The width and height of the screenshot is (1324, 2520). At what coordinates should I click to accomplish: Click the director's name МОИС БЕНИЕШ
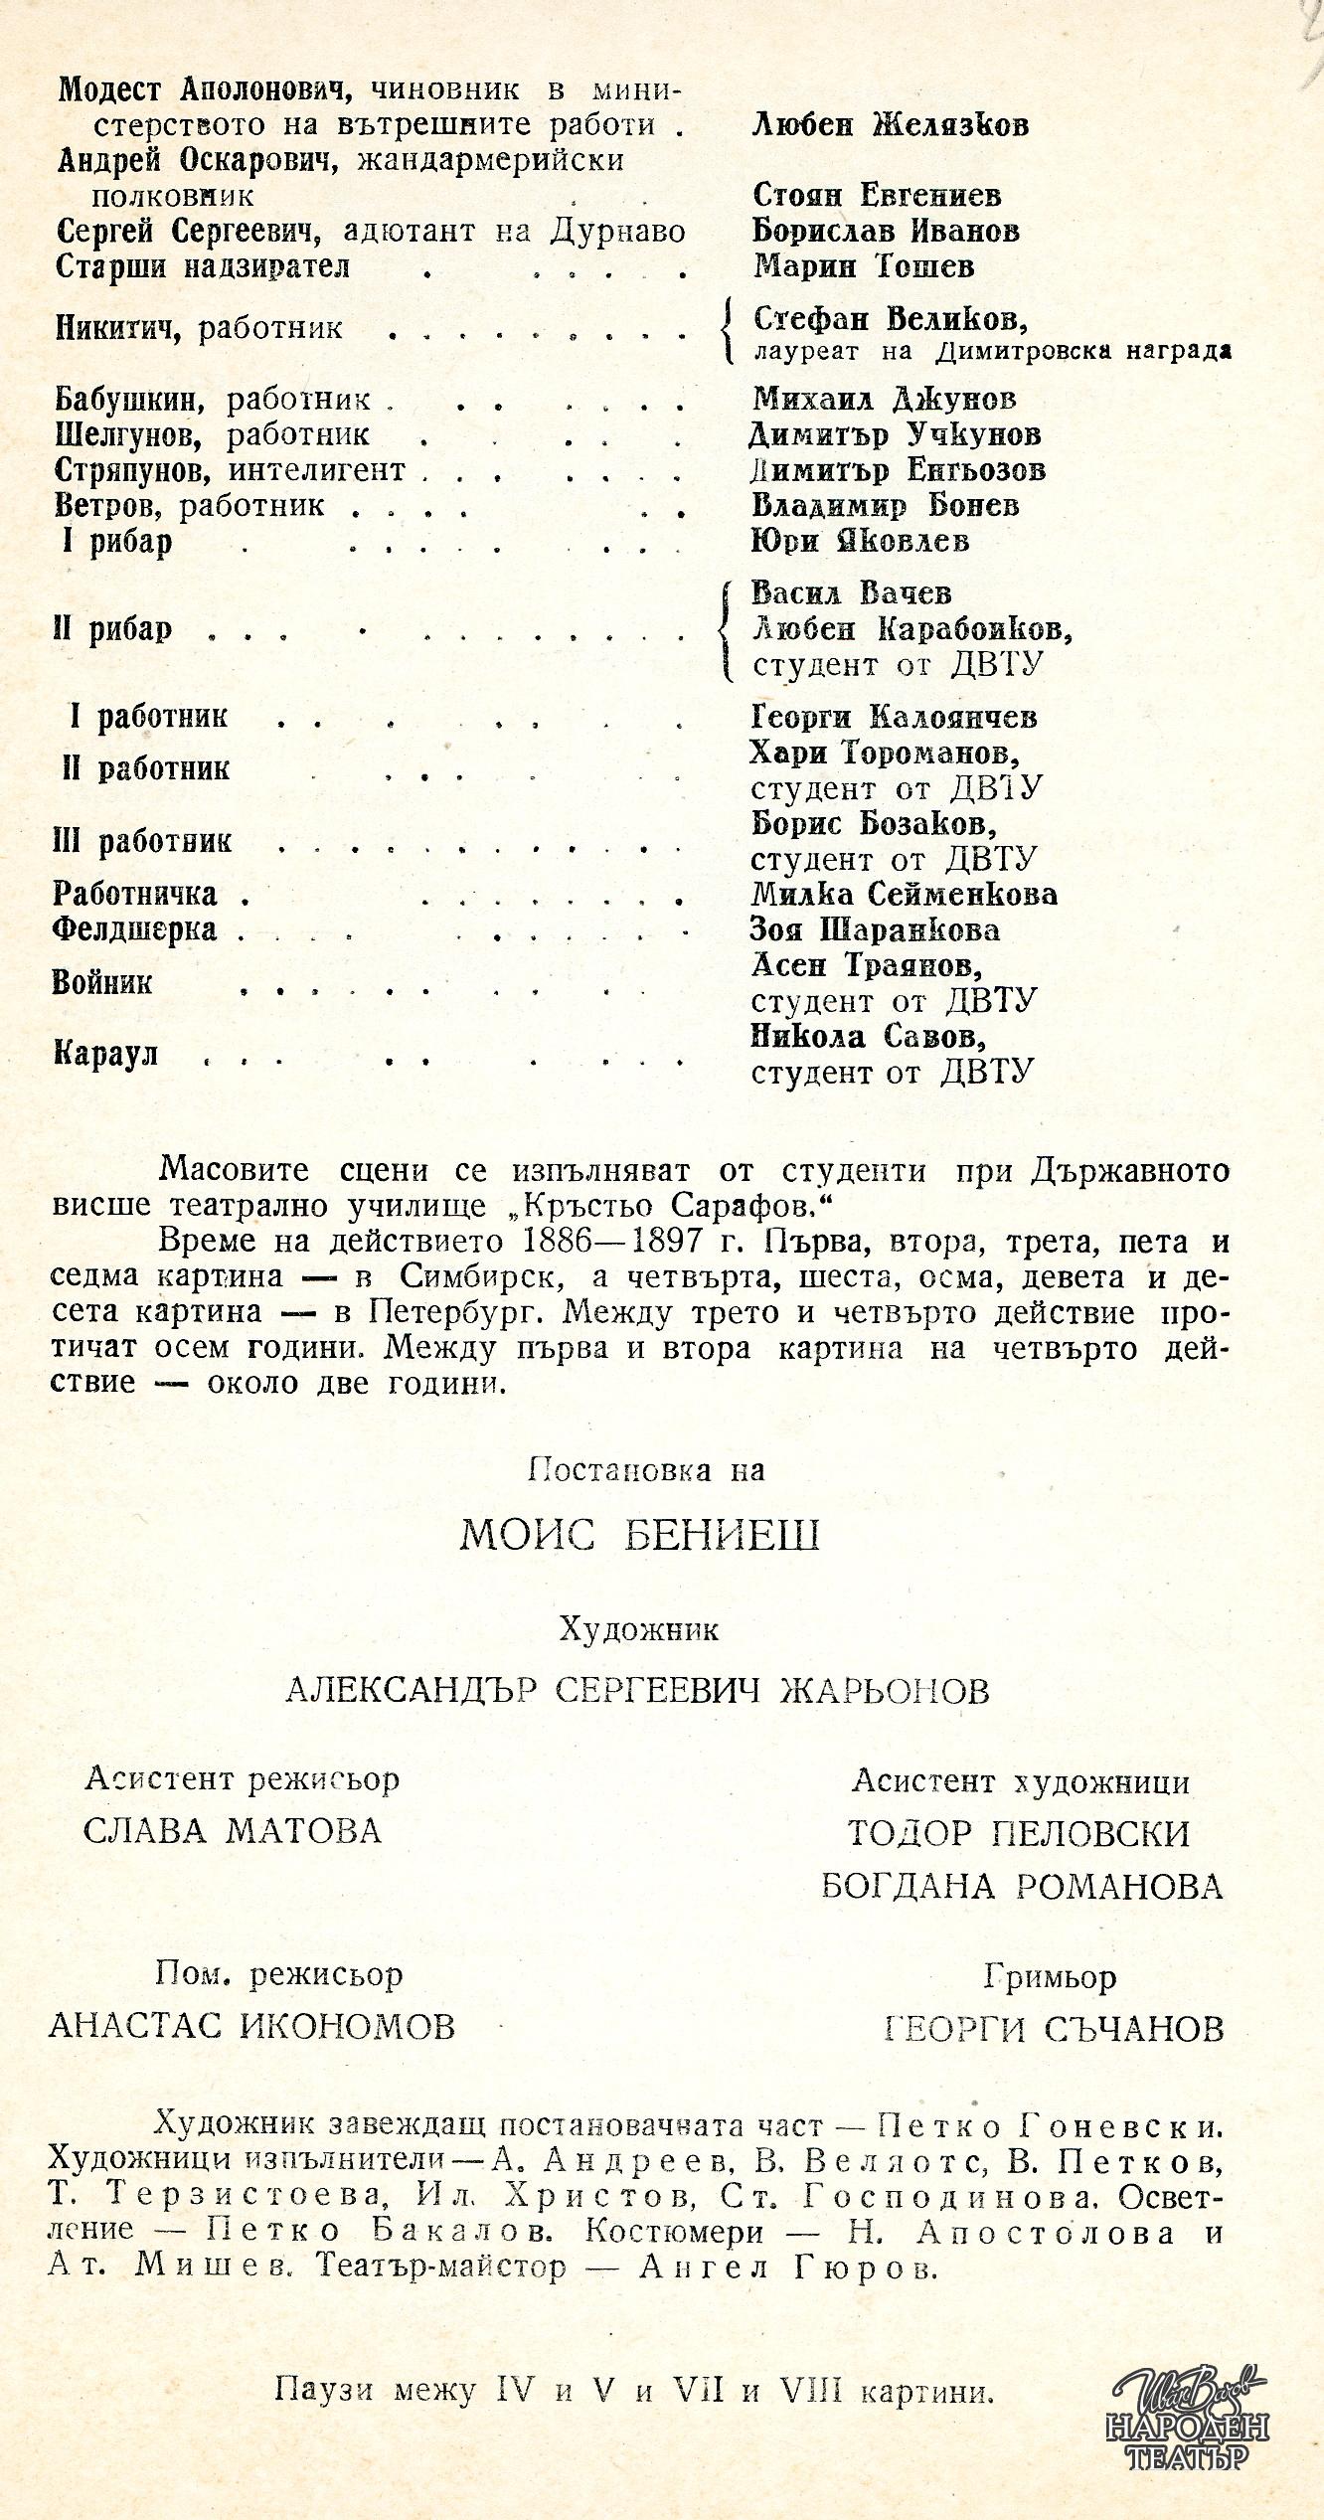(x=640, y=1536)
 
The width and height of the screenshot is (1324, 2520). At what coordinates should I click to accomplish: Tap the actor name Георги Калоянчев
(x=894, y=717)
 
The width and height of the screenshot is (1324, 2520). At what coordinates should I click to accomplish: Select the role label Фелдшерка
(x=135, y=930)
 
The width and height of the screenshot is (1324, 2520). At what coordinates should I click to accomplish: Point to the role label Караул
(x=105, y=1055)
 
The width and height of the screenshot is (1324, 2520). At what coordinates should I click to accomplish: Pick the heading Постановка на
(x=646, y=1469)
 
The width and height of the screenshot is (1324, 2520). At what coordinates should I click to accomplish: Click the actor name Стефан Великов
(x=890, y=320)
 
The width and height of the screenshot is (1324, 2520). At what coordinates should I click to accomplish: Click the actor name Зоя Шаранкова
(x=876, y=930)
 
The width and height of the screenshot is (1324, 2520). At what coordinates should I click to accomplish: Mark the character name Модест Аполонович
(x=206, y=89)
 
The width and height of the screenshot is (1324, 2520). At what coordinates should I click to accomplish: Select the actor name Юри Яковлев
(x=860, y=542)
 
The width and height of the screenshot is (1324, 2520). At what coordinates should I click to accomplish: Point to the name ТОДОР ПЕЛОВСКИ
(x=1019, y=1833)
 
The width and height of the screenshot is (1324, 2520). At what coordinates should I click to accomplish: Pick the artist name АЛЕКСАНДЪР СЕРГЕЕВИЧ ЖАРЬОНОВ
(x=637, y=1690)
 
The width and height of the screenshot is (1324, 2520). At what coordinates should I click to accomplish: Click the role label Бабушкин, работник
(x=213, y=400)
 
